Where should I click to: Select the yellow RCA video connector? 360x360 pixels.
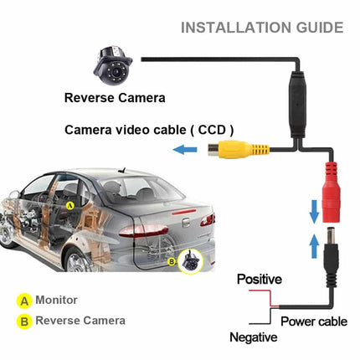(x=239, y=149)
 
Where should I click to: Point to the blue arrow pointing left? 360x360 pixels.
(x=185, y=150)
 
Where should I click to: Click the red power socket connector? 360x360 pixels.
(x=332, y=193)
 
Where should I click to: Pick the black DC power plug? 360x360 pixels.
(x=332, y=257)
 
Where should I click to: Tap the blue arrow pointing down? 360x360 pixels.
(x=315, y=211)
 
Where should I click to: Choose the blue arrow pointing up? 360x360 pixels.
(x=315, y=246)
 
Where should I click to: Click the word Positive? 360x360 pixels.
(x=260, y=279)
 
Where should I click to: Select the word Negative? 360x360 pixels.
(x=254, y=337)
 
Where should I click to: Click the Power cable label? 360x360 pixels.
(x=314, y=321)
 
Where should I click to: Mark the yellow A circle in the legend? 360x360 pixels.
(x=24, y=301)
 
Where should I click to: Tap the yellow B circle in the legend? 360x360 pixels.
(x=24, y=321)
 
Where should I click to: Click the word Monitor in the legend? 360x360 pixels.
(x=56, y=300)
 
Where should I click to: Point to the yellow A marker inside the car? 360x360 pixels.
(x=70, y=206)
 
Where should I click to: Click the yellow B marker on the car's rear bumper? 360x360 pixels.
(x=172, y=262)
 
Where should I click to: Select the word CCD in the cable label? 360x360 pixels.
(x=212, y=130)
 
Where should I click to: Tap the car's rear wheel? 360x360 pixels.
(x=78, y=261)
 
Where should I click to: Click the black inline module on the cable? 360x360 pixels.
(x=297, y=105)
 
